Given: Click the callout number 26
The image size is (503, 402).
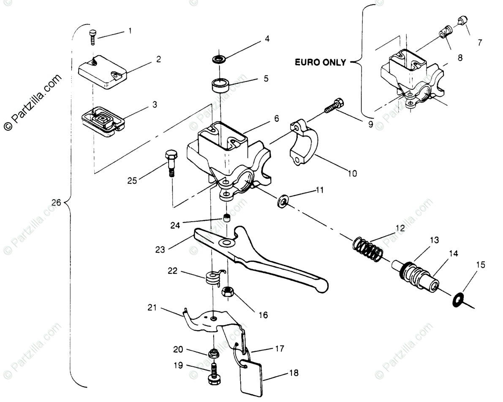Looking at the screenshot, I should click(56, 203).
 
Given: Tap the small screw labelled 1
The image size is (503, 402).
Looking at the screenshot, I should click(93, 36).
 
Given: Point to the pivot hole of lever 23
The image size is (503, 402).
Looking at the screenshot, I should click(226, 243).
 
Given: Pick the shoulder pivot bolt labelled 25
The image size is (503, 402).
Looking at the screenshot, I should click(171, 162).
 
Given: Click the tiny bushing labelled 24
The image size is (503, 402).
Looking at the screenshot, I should click(226, 218).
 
